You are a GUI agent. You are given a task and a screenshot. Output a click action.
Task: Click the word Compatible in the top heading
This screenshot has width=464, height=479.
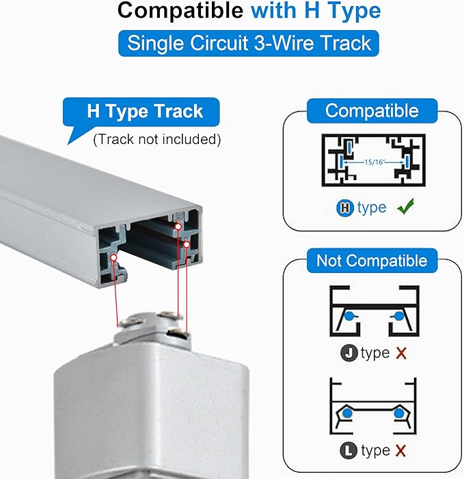coord(180,11)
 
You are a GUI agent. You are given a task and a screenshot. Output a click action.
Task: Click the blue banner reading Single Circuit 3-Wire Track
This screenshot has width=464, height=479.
coord(248,43)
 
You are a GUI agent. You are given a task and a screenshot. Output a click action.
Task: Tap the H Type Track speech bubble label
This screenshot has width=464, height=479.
coord(141,112)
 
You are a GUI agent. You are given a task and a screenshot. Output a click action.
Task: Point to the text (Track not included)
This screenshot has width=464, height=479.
coord(157,139)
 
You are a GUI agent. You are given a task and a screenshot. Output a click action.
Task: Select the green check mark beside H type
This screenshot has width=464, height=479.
coord(406,206)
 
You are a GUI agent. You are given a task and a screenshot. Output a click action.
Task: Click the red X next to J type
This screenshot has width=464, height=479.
coord(401,353)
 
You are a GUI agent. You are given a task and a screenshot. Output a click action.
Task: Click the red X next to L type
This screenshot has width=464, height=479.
coord(400,450)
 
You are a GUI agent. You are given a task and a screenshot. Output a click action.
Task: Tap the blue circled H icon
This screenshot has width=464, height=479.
coord(345,207)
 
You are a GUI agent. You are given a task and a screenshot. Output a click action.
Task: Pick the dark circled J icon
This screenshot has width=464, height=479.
coord(349,353)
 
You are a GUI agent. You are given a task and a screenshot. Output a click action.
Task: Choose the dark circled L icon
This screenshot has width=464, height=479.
coord(349,450)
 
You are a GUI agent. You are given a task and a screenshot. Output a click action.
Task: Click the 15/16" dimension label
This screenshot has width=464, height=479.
coord(374,162)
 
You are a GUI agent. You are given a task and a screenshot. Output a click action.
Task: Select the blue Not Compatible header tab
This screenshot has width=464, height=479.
coord(372,261)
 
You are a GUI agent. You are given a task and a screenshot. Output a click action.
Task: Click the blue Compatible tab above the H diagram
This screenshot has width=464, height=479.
coord(372,111)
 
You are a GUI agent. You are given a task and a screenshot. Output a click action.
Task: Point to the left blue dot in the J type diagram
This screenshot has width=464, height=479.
coord(349,317)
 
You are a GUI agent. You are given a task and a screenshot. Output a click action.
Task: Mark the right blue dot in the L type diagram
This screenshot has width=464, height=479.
coord(399,413)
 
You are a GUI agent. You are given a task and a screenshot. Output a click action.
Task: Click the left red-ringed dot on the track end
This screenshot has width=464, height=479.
coord(113,257)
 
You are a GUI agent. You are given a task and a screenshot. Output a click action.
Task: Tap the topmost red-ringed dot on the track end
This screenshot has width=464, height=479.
coord(178,227)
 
